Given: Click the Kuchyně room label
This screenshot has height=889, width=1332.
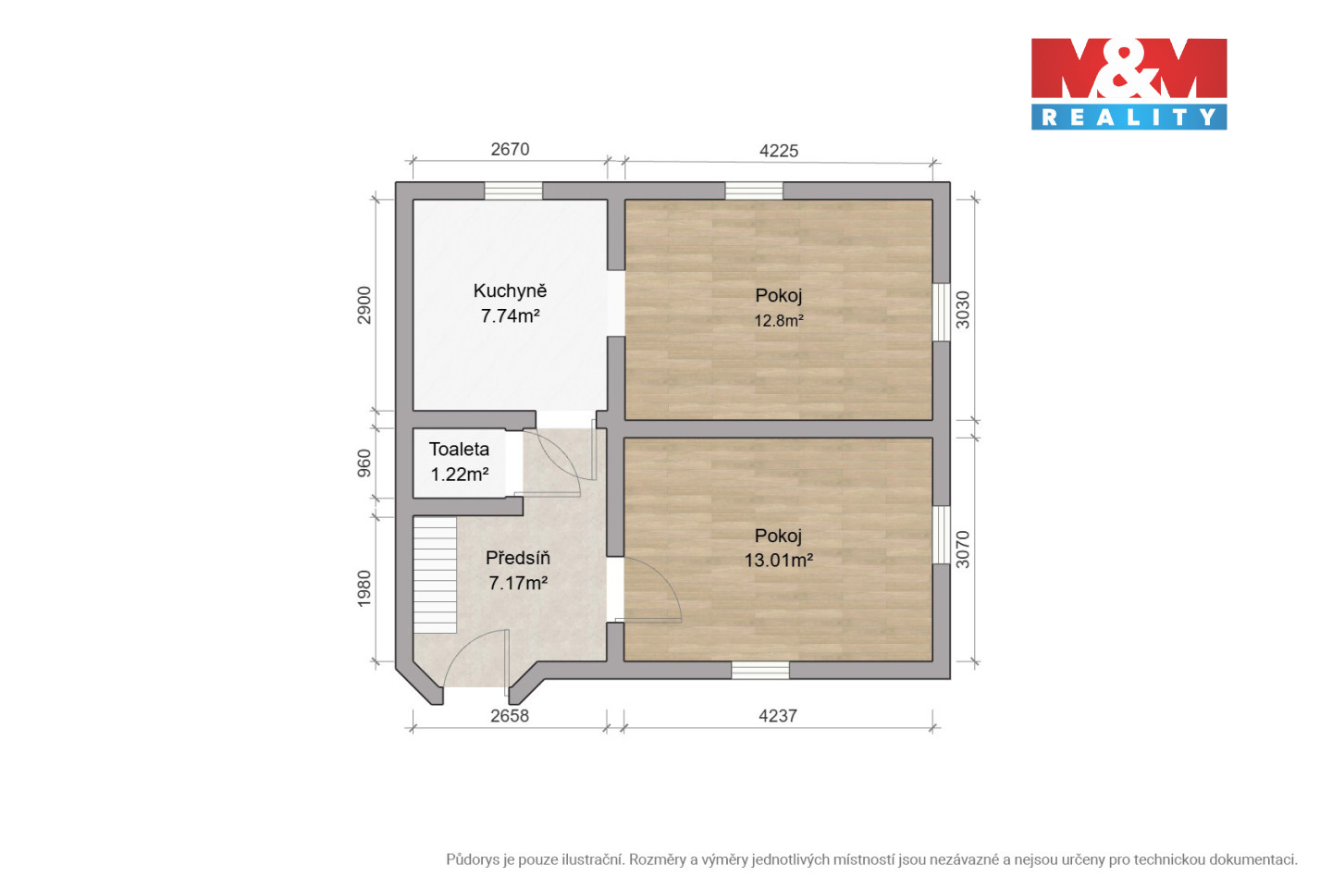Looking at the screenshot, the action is pyautogui.click(x=510, y=290).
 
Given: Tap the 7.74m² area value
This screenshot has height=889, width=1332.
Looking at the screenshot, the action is pyautogui.click(x=511, y=315).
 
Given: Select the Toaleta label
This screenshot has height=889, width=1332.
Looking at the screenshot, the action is pyautogui.click(x=459, y=449).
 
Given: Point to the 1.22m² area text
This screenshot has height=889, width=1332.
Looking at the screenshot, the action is pyautogui.click(x=460, y=474).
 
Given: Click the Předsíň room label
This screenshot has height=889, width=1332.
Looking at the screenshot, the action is pyautogui.click(x=518, y=557).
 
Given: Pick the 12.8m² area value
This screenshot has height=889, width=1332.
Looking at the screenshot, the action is pyautogui.click(x=779, y=320).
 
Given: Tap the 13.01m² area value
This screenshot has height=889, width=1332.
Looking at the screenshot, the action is pyautogui.click(x=779, y=560).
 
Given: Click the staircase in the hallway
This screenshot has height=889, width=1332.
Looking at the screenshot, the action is pyautogui.click(x=435, y=575).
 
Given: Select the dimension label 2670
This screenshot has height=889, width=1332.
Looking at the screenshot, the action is pyautogui.click(x=510, y=149).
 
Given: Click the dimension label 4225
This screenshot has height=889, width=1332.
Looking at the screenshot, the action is pyautogui.click(x=779, y=151).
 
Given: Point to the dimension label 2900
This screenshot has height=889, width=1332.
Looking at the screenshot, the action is pyautogui.click(x=364, y=305).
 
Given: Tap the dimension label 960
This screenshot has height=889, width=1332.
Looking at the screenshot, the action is pyautogui.click(x=364, y=463).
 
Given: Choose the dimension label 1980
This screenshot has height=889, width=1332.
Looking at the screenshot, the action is pyautogui.click(x=364, y=588).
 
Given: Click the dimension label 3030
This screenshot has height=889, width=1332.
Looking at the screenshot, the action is pyautogui.click(x=962, y=310).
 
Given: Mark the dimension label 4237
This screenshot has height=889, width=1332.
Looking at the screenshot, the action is pyautogui.click(x=778, y=715).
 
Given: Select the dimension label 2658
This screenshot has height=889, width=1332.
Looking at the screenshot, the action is pyautogui.click(x=510, y=715).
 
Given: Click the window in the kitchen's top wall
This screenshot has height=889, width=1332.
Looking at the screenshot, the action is pyautogui.click(x=513, y=191).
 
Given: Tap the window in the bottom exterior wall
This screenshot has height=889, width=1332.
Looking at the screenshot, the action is pyautogui.click(x=760, y=670).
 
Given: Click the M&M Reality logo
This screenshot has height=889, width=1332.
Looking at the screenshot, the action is pyautogui.click(x=1128, y=84).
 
